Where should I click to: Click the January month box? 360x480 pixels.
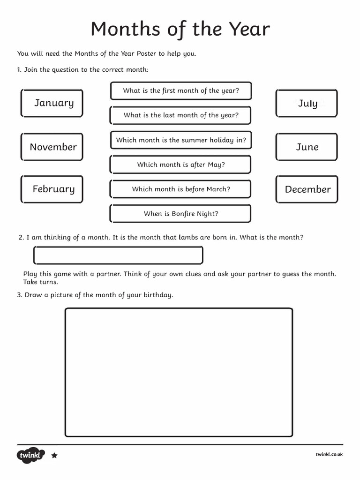(52, 103)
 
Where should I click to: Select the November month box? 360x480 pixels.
(52, 147)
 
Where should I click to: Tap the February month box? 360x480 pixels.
(52, 189)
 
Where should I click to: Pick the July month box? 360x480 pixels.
(307, 103)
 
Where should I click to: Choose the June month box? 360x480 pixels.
(307, 147)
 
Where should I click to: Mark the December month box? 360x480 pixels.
(307, 189)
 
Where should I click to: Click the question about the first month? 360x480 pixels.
(180, 90)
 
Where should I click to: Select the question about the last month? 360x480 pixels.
(180, 115)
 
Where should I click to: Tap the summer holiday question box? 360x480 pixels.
(180, 140)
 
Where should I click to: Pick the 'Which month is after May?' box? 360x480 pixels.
(180, 165)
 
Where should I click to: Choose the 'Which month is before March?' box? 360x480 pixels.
(180, 189)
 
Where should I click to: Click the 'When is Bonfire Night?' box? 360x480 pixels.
(180, 214)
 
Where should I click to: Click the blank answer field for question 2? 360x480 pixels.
(118, 255)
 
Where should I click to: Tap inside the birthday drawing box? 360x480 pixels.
(179, 373)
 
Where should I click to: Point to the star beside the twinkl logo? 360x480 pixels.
(54, 455)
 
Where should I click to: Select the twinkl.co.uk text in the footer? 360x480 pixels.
(329, 454)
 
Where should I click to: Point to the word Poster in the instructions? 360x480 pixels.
(146, 53)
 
